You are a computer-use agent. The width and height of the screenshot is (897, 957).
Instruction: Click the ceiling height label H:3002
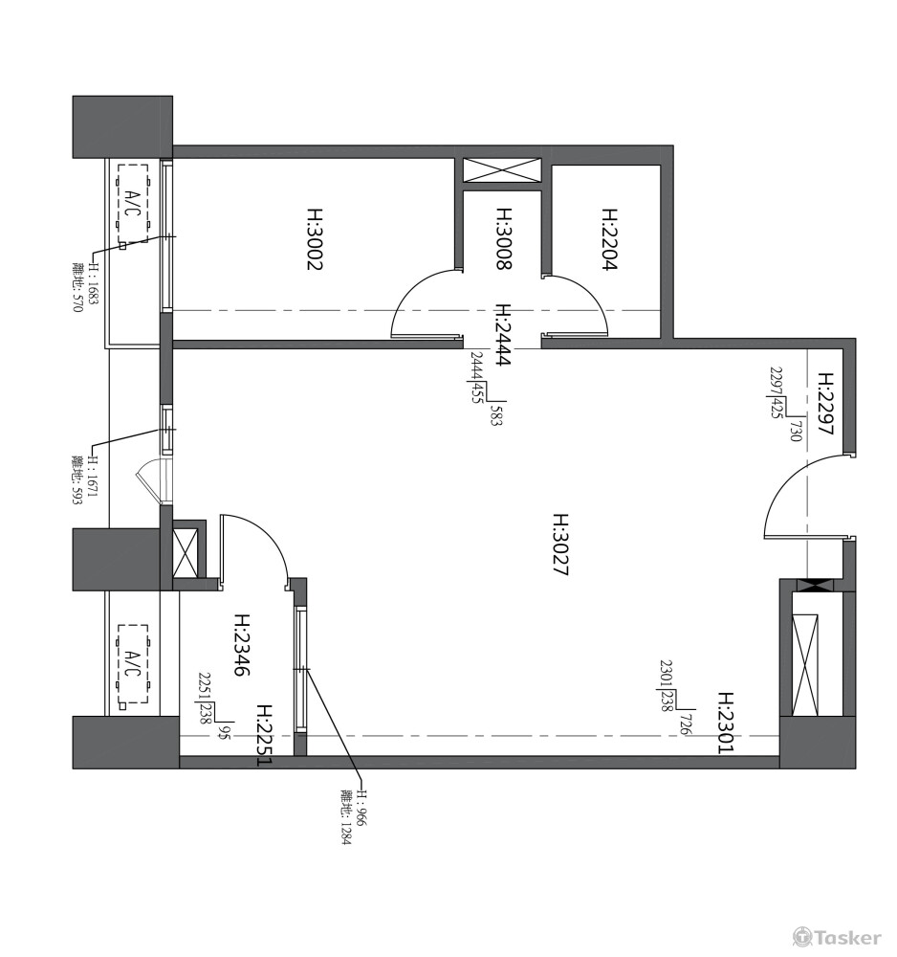coord(314,239)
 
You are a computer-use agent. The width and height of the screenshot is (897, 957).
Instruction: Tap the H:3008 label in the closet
coord(504,239)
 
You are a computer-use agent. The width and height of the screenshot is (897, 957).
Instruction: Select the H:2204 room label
coord(610,239)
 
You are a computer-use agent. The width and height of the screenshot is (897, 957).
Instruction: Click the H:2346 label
coord(242,644)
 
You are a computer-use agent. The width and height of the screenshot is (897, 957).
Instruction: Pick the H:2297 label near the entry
coord(825,404)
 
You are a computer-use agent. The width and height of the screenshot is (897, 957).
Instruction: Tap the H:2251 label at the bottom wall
coord(265,735)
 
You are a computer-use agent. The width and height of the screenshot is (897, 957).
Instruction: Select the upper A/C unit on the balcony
coord(133,203)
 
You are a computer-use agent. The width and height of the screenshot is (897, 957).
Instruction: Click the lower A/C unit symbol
coord(133,664)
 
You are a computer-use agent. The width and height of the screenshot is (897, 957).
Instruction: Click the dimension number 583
coord(495,415)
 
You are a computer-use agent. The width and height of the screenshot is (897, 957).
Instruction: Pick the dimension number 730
coord(795,431)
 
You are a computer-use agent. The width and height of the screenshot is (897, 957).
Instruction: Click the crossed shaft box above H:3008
coord(502,169)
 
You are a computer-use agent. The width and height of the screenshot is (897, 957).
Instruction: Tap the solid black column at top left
coord(122,127)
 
